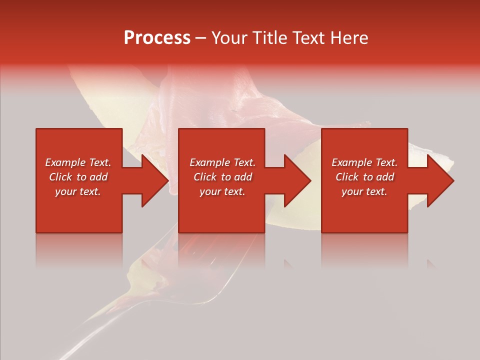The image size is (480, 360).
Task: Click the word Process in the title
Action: click(x=157, y=38)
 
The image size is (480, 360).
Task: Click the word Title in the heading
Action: click(x=268, y=38)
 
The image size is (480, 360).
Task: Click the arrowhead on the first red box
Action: click(x=154, y=180)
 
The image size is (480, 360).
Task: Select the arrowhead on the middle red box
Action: click(x=297, y=180)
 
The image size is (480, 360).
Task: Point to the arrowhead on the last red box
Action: click(x=440, y=180)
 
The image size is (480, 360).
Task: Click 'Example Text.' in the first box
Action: click(x=78, y=162)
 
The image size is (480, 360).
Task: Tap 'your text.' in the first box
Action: click(x=78, y=191)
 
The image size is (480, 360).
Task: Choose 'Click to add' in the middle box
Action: click(x=222, y=177)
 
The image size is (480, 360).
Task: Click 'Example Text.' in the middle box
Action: click(x=222, y=162)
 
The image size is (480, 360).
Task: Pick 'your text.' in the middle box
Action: click(x=222, y=191)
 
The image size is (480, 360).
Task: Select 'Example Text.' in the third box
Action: click(x=364, y=162)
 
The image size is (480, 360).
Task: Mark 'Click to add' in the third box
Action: click(x=364, y=177)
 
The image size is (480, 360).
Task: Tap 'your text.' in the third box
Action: click(x=364, y=191)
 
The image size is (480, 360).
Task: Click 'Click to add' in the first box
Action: click(x=78, y=177)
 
